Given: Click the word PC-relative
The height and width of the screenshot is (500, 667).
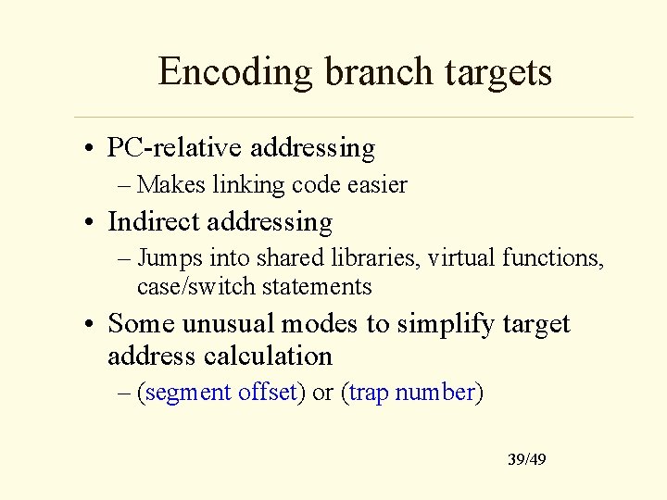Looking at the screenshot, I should pos(176,147).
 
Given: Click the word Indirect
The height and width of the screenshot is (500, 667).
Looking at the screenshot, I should pos(155,221).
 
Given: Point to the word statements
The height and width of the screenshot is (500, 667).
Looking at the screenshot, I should pos(316,286).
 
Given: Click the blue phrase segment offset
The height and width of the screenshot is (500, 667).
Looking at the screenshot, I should pos(220,393).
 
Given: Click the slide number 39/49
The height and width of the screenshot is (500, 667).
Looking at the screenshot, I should pos(526,459).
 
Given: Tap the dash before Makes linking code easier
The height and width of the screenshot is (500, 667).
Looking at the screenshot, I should pos(125,186).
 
